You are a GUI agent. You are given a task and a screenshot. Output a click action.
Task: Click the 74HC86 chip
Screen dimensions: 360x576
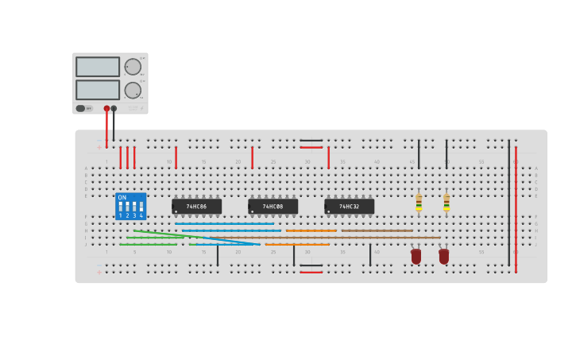point(196,207)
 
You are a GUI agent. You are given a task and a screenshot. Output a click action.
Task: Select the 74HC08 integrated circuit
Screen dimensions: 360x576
point(273,207)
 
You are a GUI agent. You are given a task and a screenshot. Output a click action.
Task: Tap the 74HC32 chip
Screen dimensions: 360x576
point(349,207)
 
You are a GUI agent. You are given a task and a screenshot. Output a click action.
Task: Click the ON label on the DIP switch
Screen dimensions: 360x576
point(122,198)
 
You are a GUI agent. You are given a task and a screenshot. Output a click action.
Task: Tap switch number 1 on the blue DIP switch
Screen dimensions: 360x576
point(121,208)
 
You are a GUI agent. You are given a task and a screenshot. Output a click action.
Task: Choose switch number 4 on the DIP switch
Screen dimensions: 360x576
point(141,208)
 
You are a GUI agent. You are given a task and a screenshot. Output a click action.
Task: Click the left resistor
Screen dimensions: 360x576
point(419,203)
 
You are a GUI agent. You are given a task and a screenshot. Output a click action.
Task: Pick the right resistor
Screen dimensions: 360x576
point(446,203)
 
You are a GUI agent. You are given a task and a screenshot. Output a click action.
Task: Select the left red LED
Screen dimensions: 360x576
point(416,256)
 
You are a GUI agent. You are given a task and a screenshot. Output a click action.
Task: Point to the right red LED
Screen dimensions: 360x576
point(444,256)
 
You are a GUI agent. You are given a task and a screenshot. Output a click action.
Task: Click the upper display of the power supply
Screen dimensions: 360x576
point(98,67)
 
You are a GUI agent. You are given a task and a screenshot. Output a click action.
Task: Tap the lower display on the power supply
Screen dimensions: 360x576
point(98,90)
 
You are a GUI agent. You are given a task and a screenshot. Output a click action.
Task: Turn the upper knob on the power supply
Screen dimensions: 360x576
point(132,67)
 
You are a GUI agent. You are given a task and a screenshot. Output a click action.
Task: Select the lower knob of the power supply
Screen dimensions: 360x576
point(132,90)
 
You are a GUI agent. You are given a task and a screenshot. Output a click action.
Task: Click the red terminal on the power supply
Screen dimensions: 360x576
point(106,108)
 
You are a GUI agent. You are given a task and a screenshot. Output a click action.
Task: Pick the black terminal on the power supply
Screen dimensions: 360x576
point(114,108)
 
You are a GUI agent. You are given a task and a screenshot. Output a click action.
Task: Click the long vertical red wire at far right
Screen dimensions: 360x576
point(516,207)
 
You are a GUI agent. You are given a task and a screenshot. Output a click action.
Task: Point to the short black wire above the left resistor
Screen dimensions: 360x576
point(419,154)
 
